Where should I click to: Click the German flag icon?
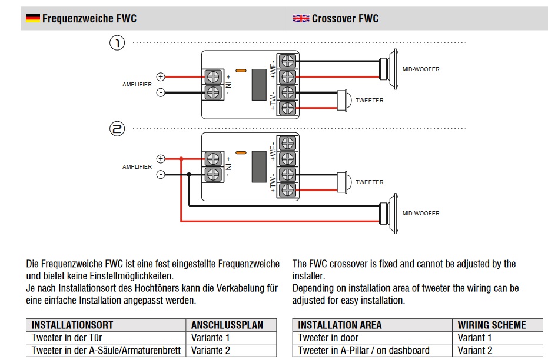(x=32, y=18)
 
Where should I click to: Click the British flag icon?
(x=301, y=18)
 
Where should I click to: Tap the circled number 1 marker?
(x=118, y=43)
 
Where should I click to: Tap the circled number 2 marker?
(x=118, y=128)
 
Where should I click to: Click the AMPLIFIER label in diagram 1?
(x=137, y=84)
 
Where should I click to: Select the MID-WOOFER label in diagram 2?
(x=421, y=213)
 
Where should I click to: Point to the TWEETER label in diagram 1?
(x=369, y=101)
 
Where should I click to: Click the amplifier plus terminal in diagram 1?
(x=161, y=76)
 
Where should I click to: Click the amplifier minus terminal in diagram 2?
(x=161, y=175)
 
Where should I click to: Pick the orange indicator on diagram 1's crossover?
(x=240, y=71)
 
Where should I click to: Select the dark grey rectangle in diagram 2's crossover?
(x=259, y=166)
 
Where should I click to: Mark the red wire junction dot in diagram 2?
(x=181, y=159)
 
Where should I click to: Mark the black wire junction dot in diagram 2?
(x=188, y=175)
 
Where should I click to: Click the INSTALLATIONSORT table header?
(x=72, y=325)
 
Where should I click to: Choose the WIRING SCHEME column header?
(x=491, y=325)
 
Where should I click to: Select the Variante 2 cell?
(x=210, y=351)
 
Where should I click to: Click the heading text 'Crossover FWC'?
(x=345, y=18)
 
